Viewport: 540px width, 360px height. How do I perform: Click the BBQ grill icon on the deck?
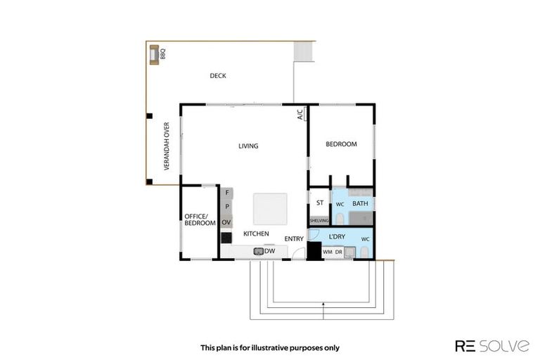pos(154,54)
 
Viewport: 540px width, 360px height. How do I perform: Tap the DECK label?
pos(217,76)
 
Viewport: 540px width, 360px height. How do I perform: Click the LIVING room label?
pos(248,146)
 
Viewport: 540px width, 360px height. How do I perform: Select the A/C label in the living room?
pos(300,114)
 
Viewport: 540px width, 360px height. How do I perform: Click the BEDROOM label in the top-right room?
pos(341,144)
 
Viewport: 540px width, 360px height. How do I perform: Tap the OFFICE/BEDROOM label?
pos(200,219)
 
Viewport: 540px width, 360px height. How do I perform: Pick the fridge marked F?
pos(227,193)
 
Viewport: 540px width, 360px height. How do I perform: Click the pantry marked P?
pos(227,207)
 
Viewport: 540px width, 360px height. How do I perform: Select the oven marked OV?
pos(226,222)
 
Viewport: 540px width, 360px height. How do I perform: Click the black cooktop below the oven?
pos(226,238)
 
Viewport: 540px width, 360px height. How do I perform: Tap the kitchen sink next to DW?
pos(258,251)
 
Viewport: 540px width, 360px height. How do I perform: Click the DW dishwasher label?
pos(269,251)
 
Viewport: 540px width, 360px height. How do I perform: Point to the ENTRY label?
pos(294,239)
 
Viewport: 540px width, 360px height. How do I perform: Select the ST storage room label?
pos(319,203)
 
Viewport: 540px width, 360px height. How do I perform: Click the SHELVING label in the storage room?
pos(319,220)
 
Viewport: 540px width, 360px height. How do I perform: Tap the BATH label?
pos(360,204)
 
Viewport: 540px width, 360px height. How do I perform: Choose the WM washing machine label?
pos(327,252)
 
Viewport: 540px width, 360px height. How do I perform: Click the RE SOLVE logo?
pos(491,345)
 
